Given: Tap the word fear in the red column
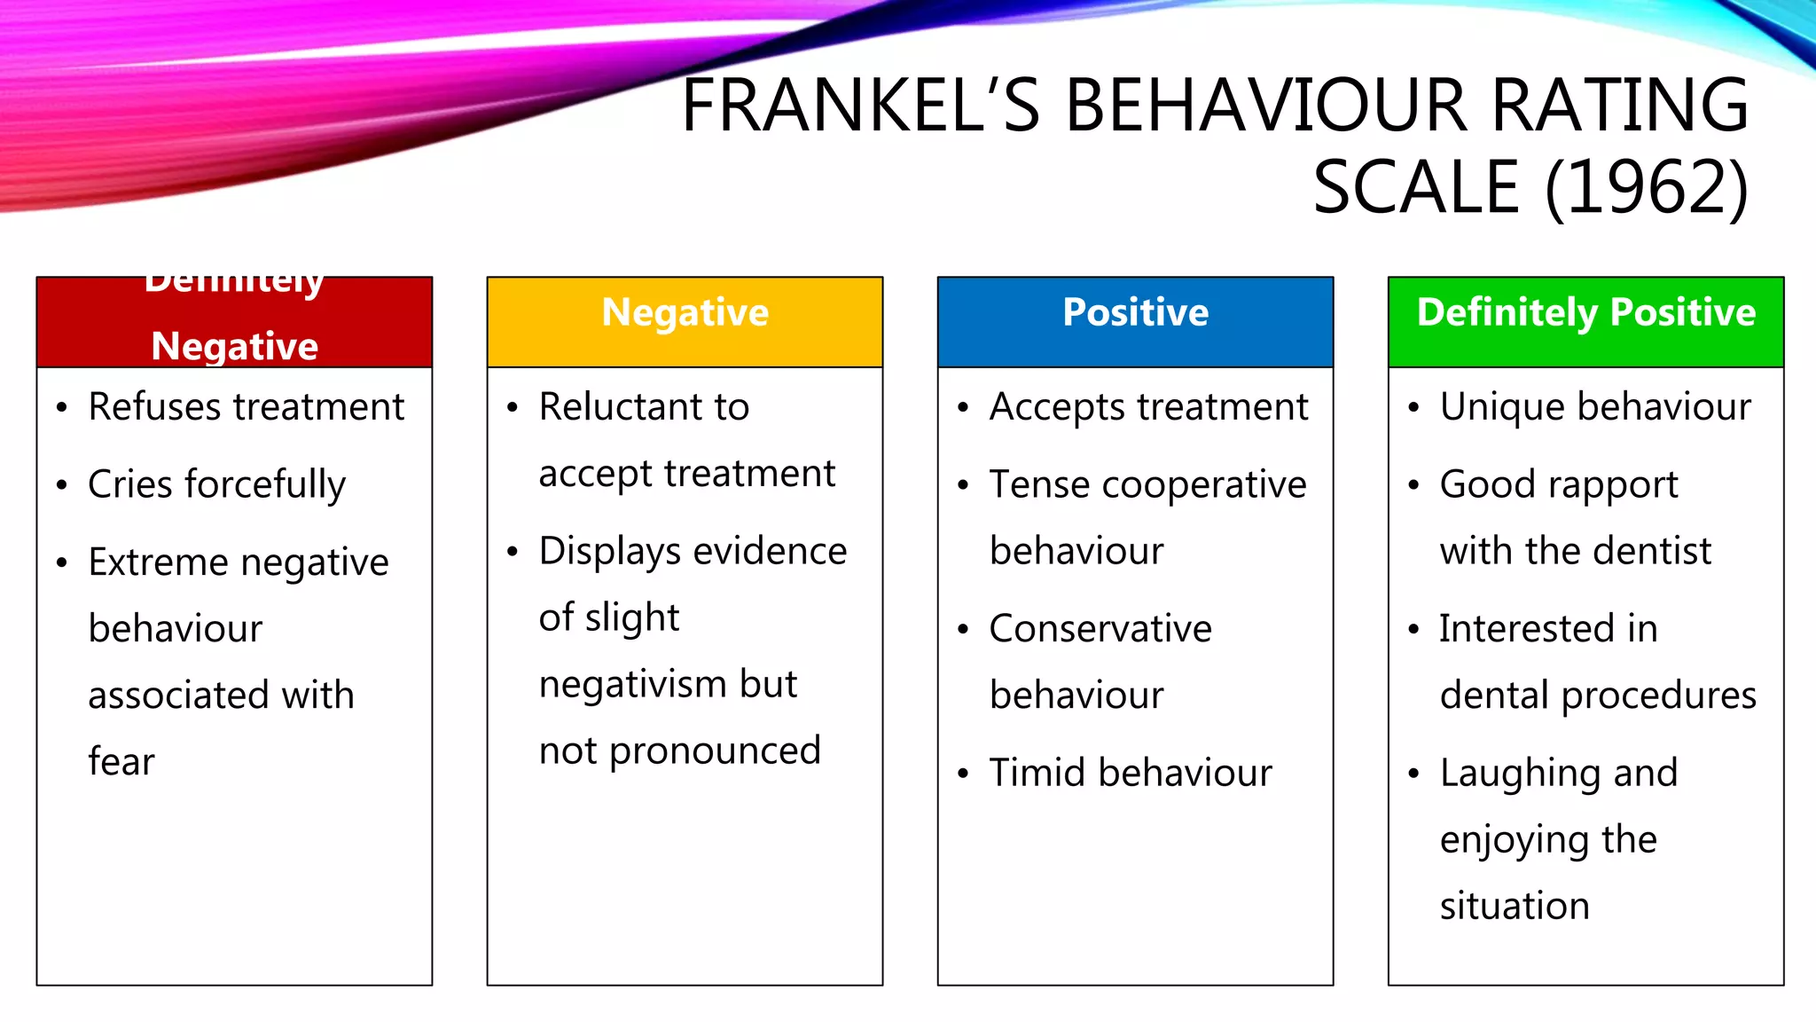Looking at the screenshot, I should coord(121,762).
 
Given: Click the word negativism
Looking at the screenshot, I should coord(630,685).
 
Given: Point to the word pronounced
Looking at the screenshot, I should coord(715,751).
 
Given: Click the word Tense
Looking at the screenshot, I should coord(1039,485).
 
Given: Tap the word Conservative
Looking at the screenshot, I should coord(1100,629).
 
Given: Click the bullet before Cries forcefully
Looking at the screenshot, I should coord(61,485).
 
